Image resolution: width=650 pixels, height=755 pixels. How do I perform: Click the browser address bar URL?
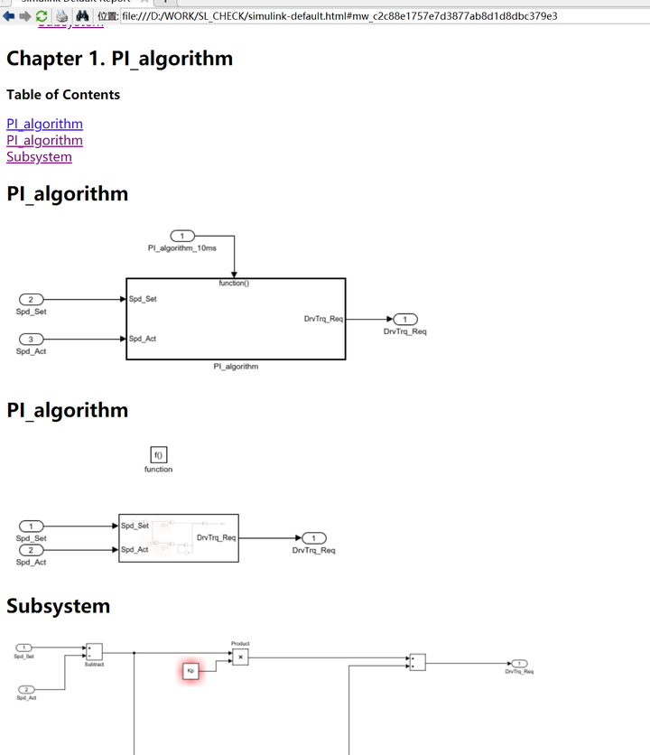click(x=339, y=15)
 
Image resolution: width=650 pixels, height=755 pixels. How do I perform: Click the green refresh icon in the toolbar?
click(x=42, y=15)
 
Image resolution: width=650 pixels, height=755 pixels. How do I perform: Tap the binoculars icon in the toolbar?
click(x=82, y=15)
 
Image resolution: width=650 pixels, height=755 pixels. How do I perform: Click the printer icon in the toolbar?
click(x=61, y=15)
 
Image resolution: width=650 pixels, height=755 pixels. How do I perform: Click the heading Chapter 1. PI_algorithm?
click(x=119, y=59)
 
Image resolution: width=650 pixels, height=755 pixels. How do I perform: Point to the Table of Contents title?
click(x=63, y=95)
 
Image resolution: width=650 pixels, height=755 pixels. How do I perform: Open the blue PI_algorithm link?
click(x=44, y=124)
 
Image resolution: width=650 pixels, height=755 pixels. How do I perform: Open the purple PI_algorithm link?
click(x=44, y=140)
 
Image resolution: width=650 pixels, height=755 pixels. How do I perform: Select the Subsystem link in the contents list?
click(x=39, y=156)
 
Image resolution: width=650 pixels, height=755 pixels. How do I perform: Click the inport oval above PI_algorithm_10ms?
click(x=182, y=236)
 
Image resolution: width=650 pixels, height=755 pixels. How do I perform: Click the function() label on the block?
click(x=234, y=283)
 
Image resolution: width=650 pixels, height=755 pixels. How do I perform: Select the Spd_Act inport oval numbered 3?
click(x=32, y=339)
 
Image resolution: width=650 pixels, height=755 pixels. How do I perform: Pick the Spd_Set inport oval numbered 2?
click(x=32, y=299)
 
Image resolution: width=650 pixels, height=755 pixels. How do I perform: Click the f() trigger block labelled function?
click(x=158, y=456)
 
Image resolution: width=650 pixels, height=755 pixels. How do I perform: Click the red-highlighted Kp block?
click(x=190, y=671)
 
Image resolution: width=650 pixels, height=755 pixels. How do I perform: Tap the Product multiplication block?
click(x=240, y=657)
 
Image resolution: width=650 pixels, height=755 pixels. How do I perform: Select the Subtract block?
click(x=94, y=651)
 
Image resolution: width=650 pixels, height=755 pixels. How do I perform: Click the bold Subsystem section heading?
click(x=59, y=606)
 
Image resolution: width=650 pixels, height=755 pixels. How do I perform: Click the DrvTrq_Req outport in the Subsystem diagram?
click(x=520, y=663)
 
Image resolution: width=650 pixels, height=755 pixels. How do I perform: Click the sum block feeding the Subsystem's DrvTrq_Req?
click(x=417, y=662)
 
